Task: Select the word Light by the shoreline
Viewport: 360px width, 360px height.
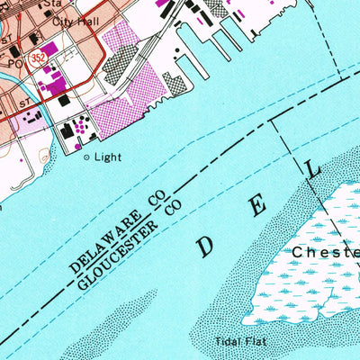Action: pos(106,157)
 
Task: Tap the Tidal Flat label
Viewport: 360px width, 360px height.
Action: pos(236,341)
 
